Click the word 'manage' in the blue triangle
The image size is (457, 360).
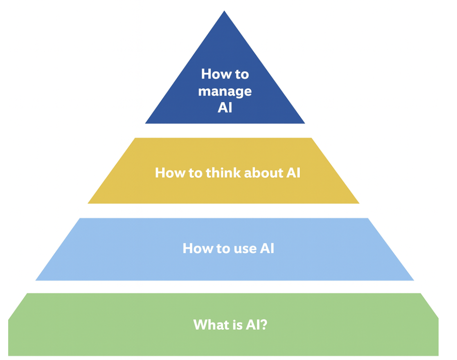[x=225, y=92]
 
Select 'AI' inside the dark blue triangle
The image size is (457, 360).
[x=225, y=108]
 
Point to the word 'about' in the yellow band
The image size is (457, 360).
[x=259, y=173]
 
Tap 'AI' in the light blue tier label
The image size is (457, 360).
[x=266, y=248]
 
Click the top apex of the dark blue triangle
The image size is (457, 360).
[x=224, y=11]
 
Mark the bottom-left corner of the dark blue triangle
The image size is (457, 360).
[x=145, y=123]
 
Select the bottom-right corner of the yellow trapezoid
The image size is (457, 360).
[x=359, y=203]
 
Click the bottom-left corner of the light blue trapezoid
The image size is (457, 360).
[x=36, y=280]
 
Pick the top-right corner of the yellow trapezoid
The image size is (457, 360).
[x=312, y=138]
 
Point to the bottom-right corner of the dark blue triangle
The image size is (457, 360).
[x=305, y=123]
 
